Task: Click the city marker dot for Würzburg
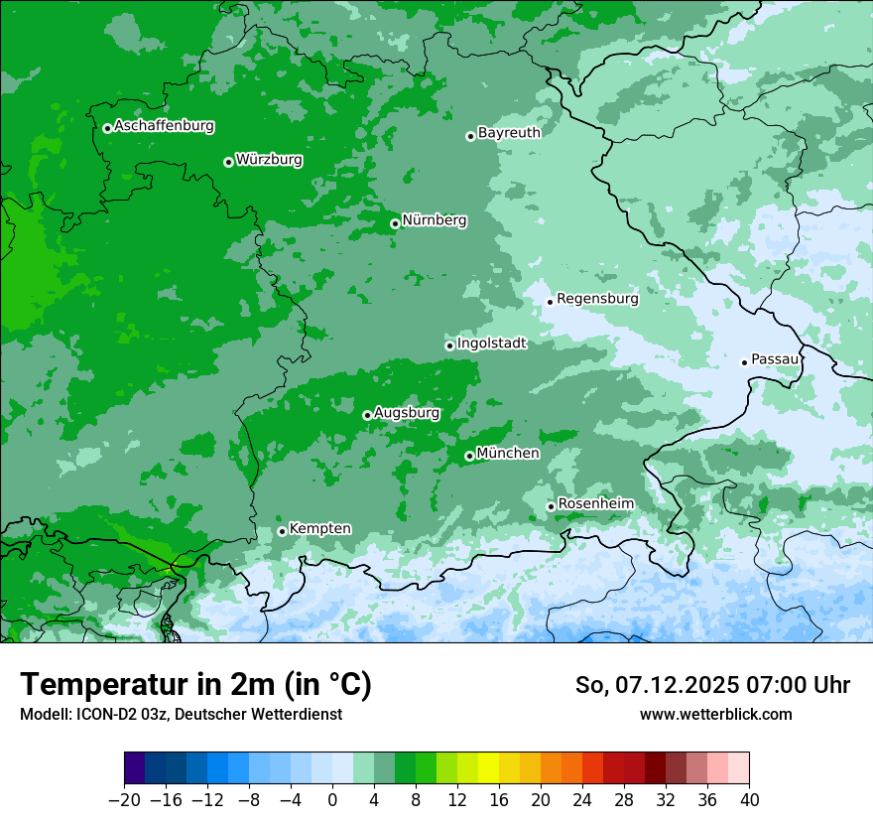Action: (228, 162)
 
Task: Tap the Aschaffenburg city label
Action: (164, 126)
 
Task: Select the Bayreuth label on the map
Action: (509, 132)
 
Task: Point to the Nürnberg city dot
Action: (395, 223)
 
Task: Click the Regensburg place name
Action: (597, 298)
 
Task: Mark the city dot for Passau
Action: (744, 362)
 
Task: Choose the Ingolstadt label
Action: (491, 343)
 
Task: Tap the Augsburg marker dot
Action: (367, 415)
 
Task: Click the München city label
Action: (508, 453)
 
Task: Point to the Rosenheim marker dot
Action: (551, 507)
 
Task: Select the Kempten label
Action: (319, 528)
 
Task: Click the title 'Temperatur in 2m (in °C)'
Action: (195, 685)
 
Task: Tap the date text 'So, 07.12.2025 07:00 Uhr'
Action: (712, 685)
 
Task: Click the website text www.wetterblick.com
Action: (715, 714)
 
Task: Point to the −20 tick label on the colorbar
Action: (124, 800)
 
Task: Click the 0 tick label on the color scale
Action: (332, 800)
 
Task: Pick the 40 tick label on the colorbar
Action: (749, 800)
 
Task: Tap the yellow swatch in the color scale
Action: (488, 768)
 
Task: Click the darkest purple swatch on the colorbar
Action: (135, 768)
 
